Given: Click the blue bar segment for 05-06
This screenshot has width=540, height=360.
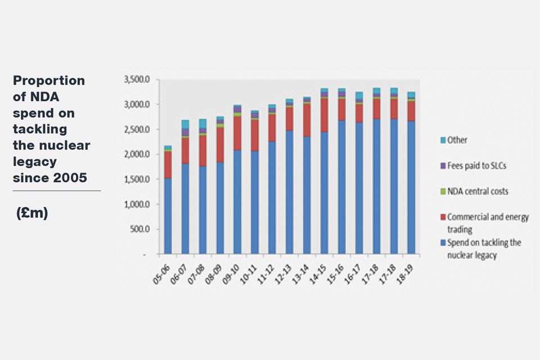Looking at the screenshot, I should (x=168, y=216).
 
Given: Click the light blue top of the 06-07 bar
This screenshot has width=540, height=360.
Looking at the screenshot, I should (x=185, y=124).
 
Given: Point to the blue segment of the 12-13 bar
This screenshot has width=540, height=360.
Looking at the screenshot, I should (x=290, y=192).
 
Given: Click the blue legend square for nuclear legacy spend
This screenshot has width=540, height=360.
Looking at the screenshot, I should (x=443, y=242).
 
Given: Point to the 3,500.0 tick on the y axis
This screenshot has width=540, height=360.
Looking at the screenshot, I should (x=136, y=80).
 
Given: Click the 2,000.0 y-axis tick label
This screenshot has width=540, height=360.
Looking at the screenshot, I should (x=136, y=155).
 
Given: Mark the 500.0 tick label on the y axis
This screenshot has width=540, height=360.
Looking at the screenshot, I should (x=139, y=229).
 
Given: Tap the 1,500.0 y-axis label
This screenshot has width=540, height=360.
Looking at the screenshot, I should (x=136, y=179).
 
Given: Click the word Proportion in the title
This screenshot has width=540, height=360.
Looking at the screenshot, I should (x=49, y=80).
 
